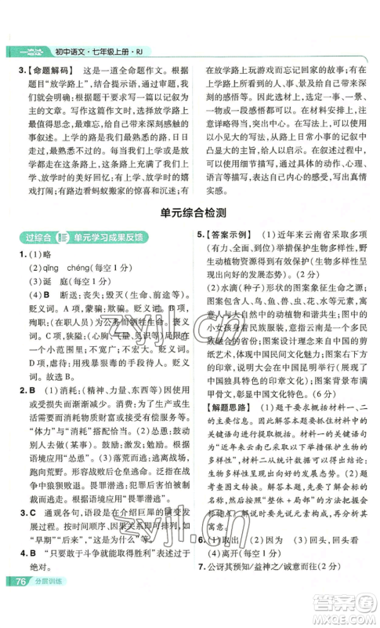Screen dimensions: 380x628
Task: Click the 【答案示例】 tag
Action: tap(230, 257)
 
